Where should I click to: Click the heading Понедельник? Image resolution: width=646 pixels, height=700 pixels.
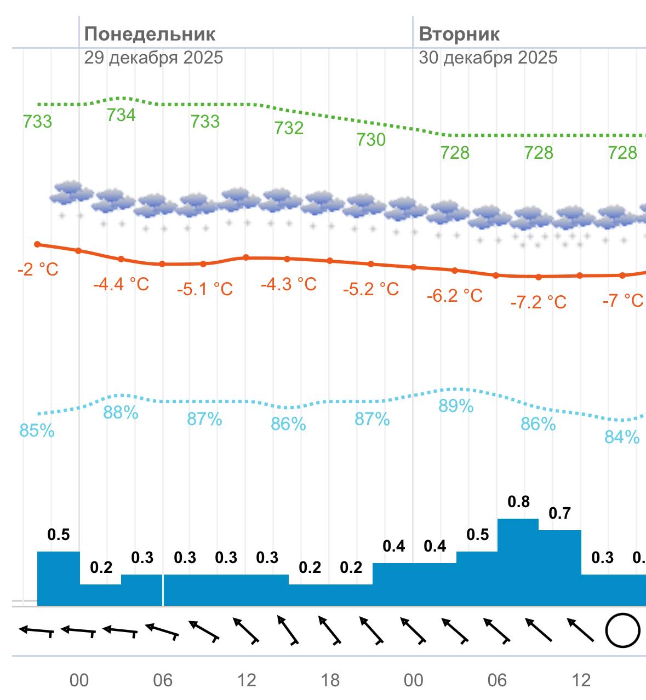(150, 34)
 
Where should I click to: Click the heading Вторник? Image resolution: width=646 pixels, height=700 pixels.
(459, 34)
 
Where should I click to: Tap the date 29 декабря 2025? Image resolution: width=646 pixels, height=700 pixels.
(153, 58)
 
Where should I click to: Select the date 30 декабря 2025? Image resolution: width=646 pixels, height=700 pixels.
(488, 58)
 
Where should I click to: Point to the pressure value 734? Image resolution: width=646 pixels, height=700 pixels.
(121, 115)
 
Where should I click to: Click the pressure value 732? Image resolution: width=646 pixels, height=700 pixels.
(289, 128)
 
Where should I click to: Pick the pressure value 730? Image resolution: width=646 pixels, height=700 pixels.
(371, 140)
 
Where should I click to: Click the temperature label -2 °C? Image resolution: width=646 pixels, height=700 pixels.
(38, 269)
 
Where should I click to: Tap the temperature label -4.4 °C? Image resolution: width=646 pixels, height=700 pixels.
(121, 284)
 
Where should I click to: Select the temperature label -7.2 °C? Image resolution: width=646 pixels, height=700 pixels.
(539, 302)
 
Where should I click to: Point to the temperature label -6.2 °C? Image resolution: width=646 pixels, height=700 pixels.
(455, 296)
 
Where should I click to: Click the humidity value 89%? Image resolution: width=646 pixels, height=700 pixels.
(456, 406)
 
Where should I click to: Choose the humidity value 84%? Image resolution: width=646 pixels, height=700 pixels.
(622, 437)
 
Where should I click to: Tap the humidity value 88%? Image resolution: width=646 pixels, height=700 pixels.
(121, 412)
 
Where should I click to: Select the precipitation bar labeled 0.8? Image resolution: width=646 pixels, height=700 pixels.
(518, 561)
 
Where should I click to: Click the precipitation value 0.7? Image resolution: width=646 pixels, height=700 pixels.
(559, 513)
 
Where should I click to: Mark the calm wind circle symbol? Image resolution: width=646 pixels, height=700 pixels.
(622, 630)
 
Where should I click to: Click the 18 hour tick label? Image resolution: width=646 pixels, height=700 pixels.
(330, 680)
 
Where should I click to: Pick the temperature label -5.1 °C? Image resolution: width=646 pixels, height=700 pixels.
(205, 289)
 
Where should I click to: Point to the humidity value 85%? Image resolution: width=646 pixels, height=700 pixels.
(37, 431)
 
